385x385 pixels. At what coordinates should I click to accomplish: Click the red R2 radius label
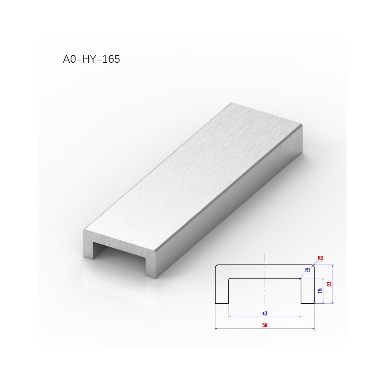(x=320, y=258)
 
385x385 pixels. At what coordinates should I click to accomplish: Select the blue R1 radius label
(x=307, y=270)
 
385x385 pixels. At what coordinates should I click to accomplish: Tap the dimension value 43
(x=265, y=313)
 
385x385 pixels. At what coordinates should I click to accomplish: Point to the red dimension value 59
(x=265, y=325)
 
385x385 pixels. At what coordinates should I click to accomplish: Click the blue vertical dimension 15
(x=320, y=291)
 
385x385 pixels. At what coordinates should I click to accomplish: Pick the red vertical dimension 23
(x=329, y=284)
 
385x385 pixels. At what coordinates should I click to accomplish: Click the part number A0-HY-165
(x=91, y=59)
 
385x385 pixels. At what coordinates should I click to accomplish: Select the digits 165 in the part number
(x=111, y=59)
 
